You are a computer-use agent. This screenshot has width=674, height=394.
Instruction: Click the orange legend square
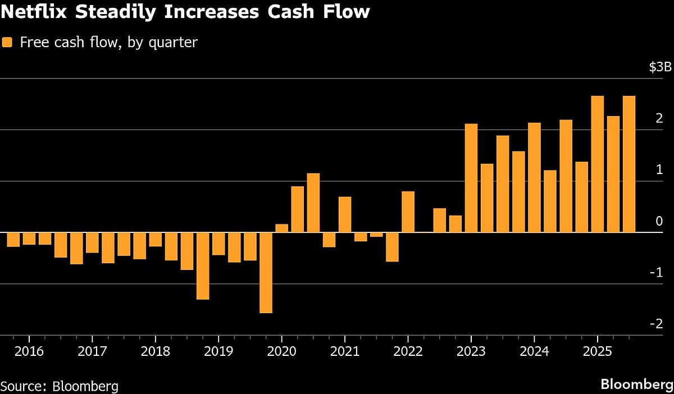click(x=7, y=42)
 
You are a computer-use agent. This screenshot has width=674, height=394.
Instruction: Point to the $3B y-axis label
click(x=659, y=67)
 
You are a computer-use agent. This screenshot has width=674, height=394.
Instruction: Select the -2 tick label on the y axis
click(x=658, y=324)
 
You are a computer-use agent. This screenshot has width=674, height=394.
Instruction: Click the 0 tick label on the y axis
click(x=659, y=221)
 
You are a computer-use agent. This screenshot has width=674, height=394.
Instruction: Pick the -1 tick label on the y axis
click(x=658, y=272)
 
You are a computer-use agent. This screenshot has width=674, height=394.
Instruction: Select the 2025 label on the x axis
click(x=598, y=354)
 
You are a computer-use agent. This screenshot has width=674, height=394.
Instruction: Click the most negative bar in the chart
click(x=266, y=272)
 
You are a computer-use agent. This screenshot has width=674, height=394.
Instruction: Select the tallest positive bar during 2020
click(x=313, y=203)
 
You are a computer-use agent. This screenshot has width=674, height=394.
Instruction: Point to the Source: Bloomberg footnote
click(x=60, y=386)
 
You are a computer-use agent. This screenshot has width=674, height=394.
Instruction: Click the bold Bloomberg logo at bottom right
click(x=636, y=384)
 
